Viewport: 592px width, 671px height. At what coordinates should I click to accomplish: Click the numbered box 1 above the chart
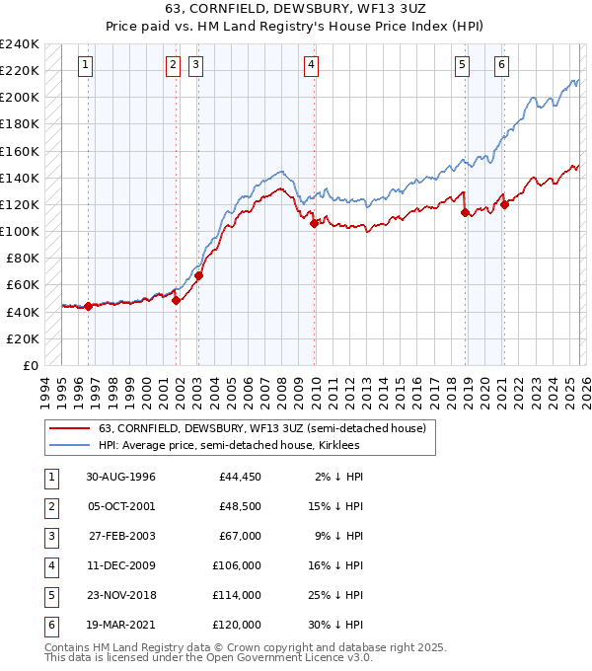[86, 66]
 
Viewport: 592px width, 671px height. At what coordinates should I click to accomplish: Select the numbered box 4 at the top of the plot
[311, 66]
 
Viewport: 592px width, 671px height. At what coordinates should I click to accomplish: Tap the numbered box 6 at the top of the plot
[502, 66]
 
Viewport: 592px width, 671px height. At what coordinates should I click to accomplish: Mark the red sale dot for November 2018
[465, 213]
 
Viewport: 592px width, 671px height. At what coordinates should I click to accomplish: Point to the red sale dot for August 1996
[89, 306]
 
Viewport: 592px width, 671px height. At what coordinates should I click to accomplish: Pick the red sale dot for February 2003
[198, 276]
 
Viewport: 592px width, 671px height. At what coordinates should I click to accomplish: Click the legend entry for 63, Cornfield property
[261, 428]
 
